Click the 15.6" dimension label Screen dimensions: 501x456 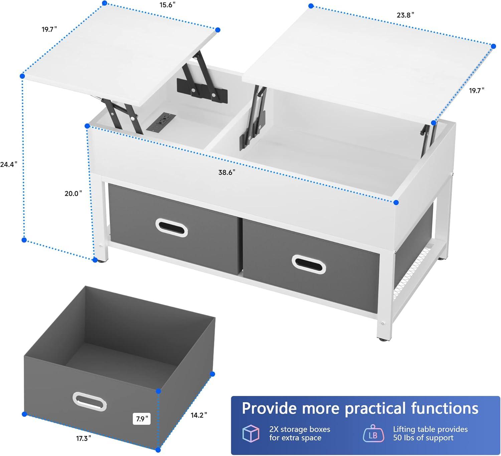click(x=167, y=5)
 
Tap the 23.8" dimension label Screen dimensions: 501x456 click(x=405, y=15)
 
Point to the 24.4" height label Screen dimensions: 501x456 click(x=9, y=164)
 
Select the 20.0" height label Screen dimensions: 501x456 click(x=73, y=193)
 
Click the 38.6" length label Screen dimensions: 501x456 click(x=227, y=172)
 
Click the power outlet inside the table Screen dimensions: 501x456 click(x=161, y=122)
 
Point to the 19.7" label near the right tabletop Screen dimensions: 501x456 click(x=477, y=91)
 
